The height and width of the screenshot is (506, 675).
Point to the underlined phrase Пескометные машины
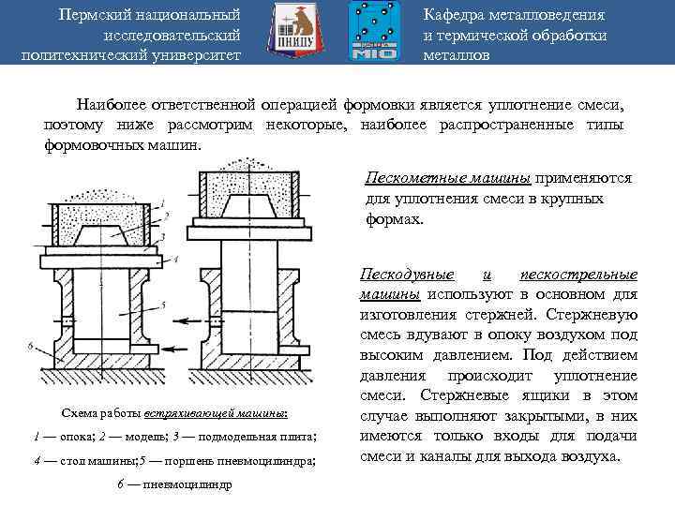[447, 178]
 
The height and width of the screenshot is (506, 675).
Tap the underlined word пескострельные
[578, 275]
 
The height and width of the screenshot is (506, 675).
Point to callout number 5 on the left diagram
[164, 305]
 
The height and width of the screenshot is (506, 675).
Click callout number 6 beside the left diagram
[32, 348]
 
